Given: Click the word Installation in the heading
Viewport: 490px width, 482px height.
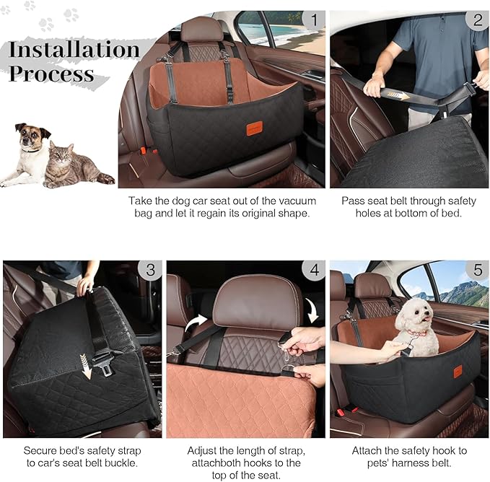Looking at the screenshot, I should [x=74, y=49].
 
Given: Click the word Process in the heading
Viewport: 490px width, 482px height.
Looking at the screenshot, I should [x=51, y=74].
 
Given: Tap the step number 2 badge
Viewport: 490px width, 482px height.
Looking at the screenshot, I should [x=477, y=20].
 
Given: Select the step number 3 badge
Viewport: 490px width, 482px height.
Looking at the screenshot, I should [x=150, y=271].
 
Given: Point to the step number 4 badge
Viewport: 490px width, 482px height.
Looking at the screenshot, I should [x=314, y=271].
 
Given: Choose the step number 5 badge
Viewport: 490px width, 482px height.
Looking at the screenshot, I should [x=477, y=271].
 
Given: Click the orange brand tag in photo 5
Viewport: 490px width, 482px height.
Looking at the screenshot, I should [x=458, y=371].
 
